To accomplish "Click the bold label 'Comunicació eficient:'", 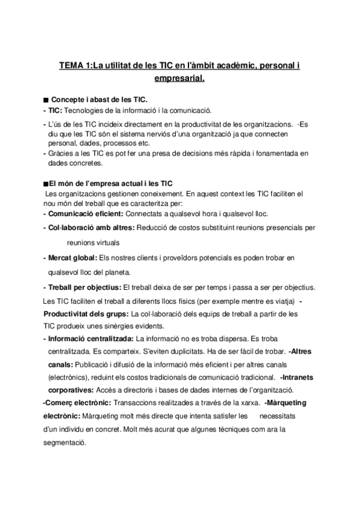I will (83, 214).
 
